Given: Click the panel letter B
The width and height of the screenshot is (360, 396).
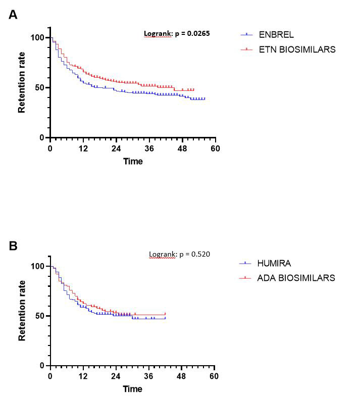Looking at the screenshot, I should click(14, 246).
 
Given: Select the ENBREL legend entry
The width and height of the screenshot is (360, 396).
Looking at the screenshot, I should click(276, 35).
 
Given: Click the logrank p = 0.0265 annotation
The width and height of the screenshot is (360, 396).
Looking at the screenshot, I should click(177, 33).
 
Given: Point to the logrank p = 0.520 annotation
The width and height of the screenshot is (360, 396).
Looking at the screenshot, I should click(179, 254).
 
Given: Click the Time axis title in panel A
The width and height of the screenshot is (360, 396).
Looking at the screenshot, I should click(133, 162).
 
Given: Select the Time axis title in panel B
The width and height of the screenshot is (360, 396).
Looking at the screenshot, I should click(133, 389).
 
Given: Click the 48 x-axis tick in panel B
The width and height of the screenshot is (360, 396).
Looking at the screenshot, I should click(181, 376).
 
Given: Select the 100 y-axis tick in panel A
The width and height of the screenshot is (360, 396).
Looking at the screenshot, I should click(38, 38).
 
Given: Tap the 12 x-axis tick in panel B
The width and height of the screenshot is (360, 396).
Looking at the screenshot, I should click(83, 376).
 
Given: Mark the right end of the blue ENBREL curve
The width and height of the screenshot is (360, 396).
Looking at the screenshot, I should click(204, 99).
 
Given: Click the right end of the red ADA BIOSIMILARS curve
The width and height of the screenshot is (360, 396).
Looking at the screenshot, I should click(165, 315).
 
